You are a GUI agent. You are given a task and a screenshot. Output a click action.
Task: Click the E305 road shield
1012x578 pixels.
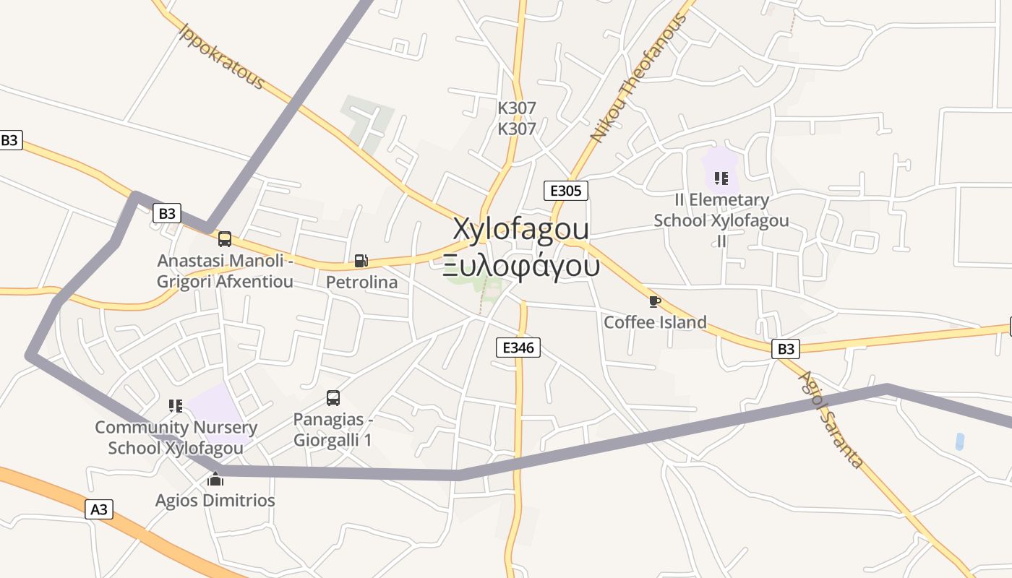click(565, 191)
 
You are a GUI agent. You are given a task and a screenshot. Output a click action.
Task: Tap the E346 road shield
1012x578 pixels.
click(518, 348)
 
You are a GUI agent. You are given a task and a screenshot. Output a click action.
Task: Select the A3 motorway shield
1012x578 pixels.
click(99, 509)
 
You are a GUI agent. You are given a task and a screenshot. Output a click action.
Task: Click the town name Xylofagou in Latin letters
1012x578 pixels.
click(520, 229)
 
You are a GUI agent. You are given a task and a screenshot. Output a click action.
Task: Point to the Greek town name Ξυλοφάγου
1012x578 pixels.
click(521, 266)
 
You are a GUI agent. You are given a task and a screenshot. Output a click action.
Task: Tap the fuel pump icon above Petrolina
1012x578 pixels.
click(361, 261)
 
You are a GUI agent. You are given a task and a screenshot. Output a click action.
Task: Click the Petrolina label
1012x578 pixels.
click(361, 282)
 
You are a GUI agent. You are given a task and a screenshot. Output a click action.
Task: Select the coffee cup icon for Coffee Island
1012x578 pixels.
click(654, 301)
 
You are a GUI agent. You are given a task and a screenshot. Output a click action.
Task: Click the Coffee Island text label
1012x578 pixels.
click(655, 322)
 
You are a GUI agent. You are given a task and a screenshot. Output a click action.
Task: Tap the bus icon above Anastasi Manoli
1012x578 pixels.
click(225, 239)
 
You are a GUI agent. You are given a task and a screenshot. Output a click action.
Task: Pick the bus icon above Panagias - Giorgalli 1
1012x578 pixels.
click(333, 398)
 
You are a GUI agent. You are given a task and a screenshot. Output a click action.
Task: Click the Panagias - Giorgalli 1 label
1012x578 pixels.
click(333, 429)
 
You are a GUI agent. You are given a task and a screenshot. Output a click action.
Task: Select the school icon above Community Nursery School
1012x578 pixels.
click(176, 406)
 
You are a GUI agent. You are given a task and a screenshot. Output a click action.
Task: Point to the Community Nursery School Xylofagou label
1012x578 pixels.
click(176, 438)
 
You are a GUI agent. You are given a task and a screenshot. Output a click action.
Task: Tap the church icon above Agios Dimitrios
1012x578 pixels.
click(215, 479)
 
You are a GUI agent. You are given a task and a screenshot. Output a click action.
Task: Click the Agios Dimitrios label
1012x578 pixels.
click(215, 500)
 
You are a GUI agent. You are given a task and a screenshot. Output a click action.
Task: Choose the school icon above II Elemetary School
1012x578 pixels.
click(721, 178)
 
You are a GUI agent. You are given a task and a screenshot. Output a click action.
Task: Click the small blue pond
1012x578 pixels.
click(959, 441)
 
